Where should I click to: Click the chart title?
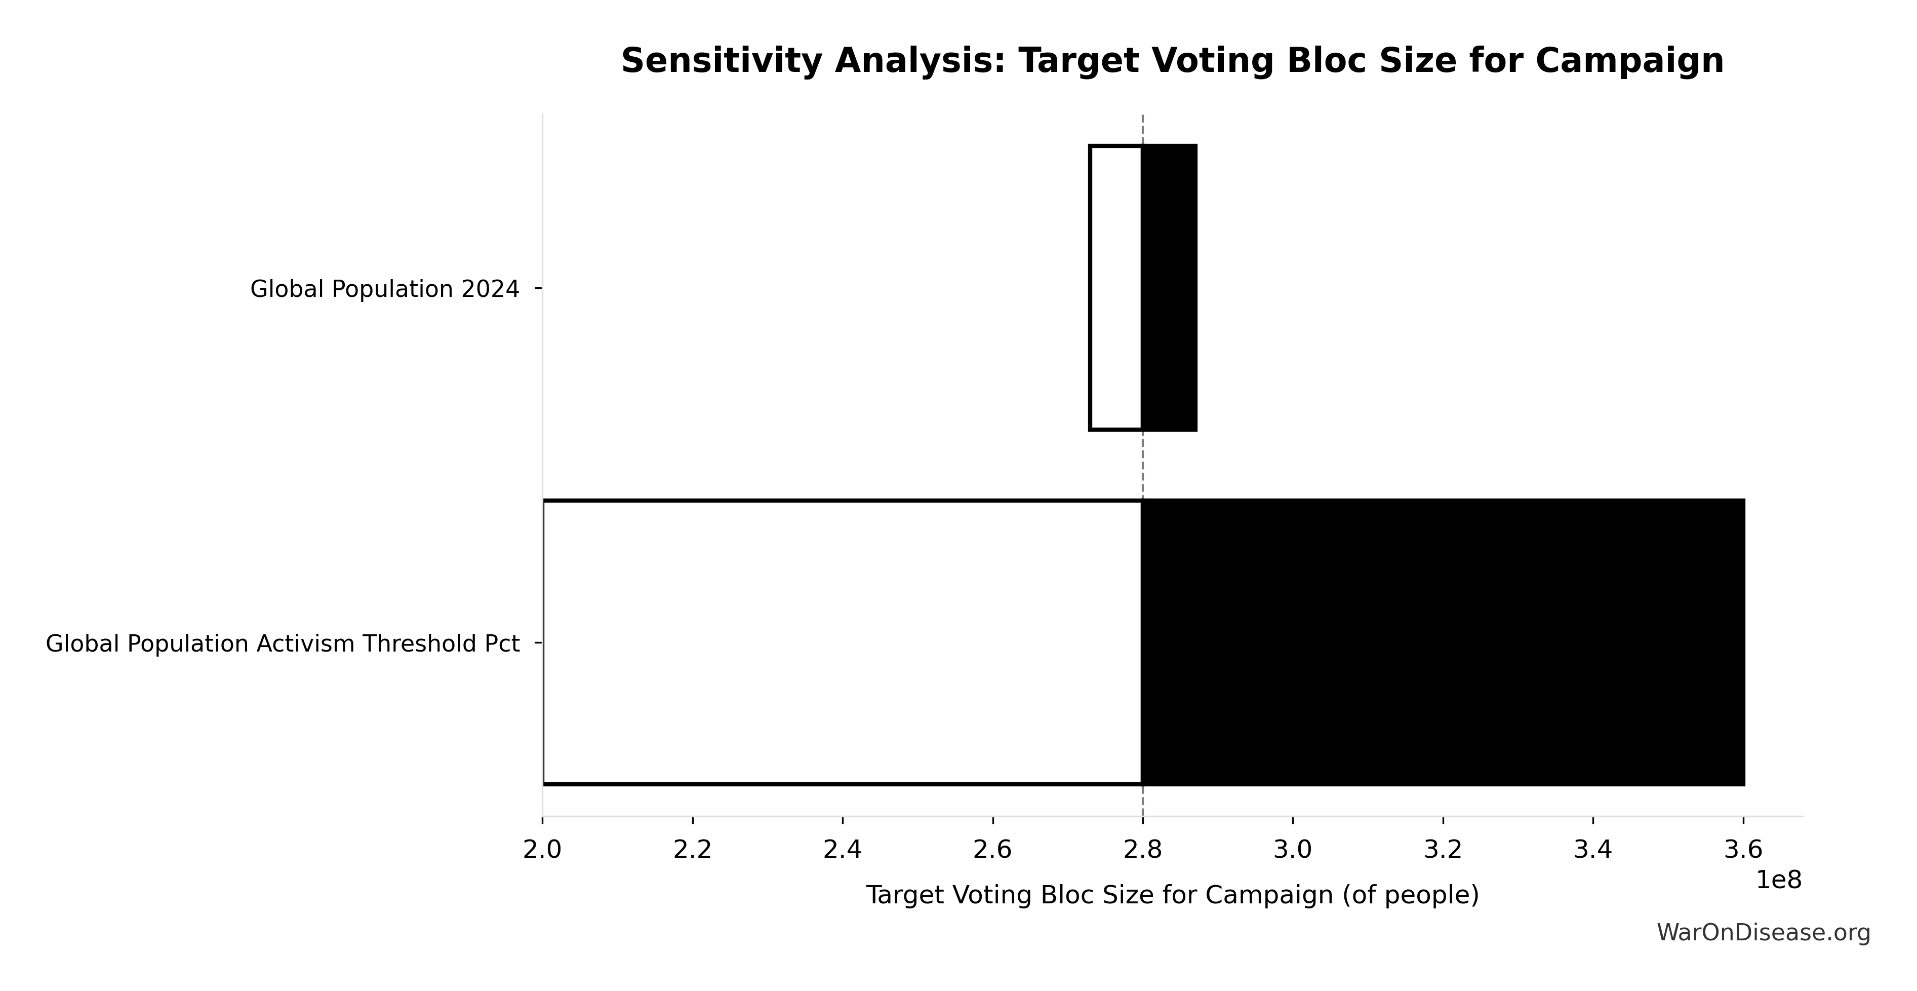click(1172, 60)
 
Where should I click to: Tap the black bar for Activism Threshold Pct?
click(1442, 642)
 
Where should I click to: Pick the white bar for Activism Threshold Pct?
click(843, 642)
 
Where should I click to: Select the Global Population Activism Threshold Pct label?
click(282, 643)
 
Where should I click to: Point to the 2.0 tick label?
click(542, 850)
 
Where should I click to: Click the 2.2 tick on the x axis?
click(693, 850)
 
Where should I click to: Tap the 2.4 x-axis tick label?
click(843, 850)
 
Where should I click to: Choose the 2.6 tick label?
click(993, 850)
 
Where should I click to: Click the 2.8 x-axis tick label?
click(1143, 850)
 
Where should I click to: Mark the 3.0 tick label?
click(1293, 850)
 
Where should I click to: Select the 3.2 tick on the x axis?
click(1443, 850)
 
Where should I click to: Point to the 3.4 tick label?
click(1593, 850)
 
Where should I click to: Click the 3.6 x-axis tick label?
click(1743, 850)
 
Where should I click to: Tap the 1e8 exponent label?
click(1779, 880)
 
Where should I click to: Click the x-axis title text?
click(1172, 895)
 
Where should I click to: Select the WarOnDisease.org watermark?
click(1763, 933)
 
